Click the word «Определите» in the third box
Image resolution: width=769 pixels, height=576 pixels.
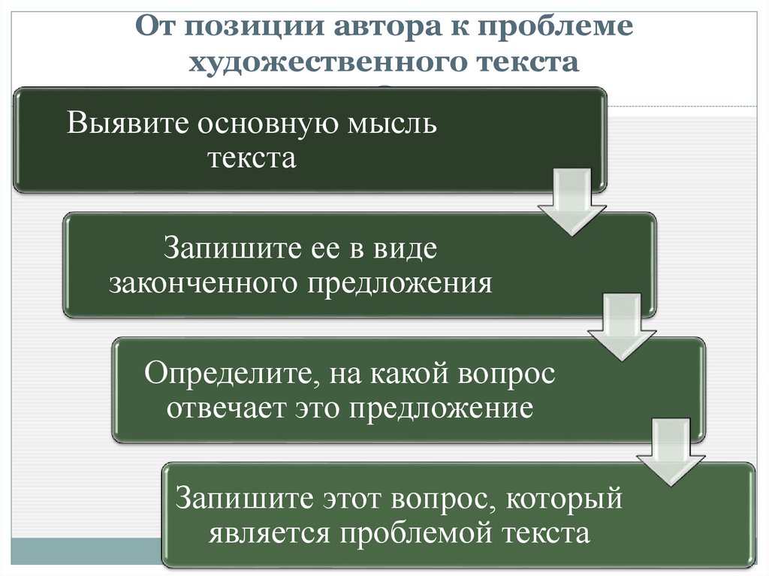[225, 373]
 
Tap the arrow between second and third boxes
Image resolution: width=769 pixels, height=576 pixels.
[618, 324]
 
